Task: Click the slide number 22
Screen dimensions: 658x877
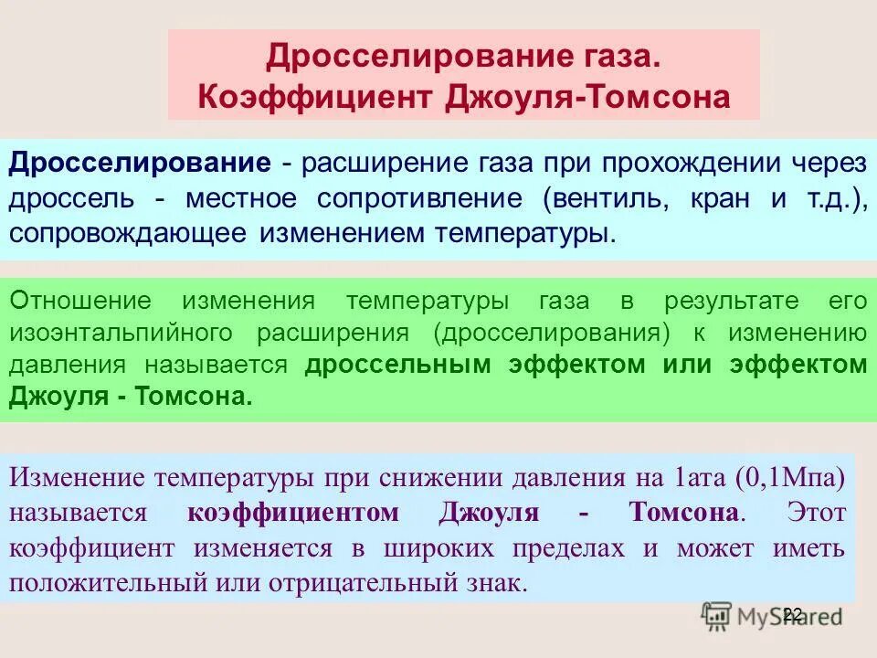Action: point(792,615)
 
